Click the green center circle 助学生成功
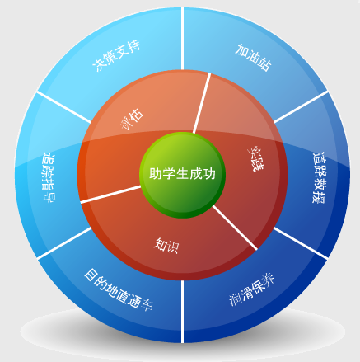(182, 175)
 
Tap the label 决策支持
(117, 56)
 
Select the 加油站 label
(253, 58)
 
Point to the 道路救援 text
(319, 177)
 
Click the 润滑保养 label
(252, 289)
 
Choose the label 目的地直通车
(119, 290)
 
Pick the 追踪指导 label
(49, 177)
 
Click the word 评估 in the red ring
(132, 120)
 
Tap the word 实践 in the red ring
(256, 158)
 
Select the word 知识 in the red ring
(166, 245)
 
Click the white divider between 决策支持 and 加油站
(182, 39)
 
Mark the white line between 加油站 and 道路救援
(301, 106)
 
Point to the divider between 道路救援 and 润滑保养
(301, 243)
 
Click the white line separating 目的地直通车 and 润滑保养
(182, 312)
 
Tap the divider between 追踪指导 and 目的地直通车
(64, 243)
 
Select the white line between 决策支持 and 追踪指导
(64, 106)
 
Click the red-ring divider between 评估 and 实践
(202, 103)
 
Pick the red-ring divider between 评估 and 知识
(110, 195)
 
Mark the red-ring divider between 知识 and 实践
(235, 228)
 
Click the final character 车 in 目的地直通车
(147, 304)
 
